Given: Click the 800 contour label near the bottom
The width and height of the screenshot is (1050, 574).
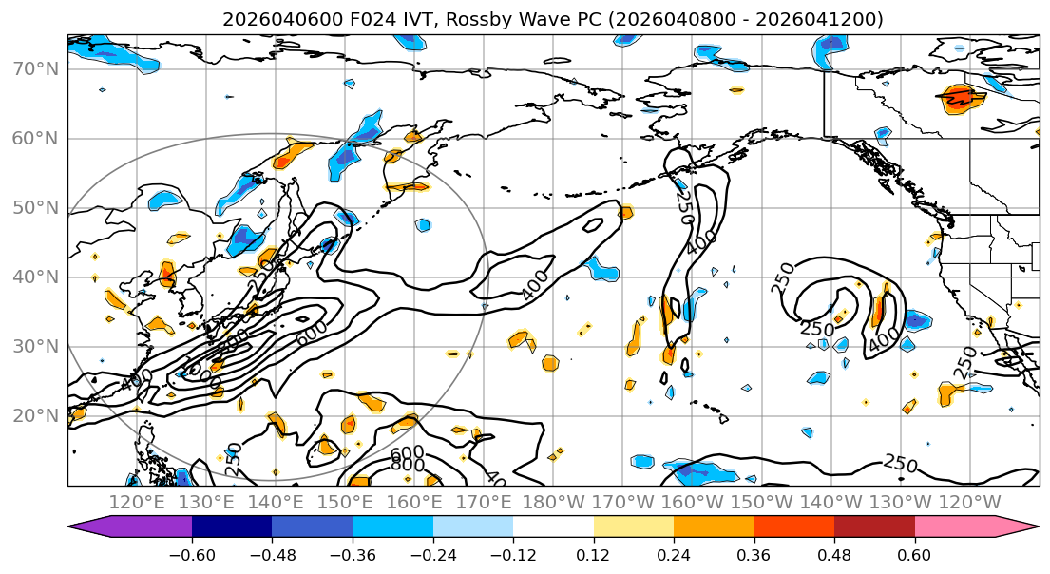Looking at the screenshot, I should pos(408,466).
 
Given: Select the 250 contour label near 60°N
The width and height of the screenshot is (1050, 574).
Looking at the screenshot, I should pos(681,201).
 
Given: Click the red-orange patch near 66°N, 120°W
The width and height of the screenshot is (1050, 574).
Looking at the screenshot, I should pos(961,97).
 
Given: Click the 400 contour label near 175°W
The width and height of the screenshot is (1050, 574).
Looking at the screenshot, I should pos(534,284).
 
